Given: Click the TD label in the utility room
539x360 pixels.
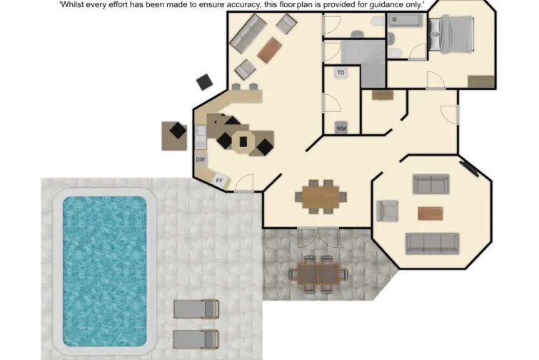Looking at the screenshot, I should [341, 73].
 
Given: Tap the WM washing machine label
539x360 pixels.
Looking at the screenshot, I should [341, 128].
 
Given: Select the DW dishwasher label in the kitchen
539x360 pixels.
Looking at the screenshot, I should [201, 160].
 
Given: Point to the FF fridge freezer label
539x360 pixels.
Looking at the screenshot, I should [219, 181].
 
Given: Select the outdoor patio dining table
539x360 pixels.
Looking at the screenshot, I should [318, 273].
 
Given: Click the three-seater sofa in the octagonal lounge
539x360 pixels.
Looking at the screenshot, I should [432, 243].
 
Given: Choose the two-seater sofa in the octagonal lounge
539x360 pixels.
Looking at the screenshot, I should [430, 184].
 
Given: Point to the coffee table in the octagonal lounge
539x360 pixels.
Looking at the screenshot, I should [430, 213].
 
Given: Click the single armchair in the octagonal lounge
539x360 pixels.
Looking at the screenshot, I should [387, 211].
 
